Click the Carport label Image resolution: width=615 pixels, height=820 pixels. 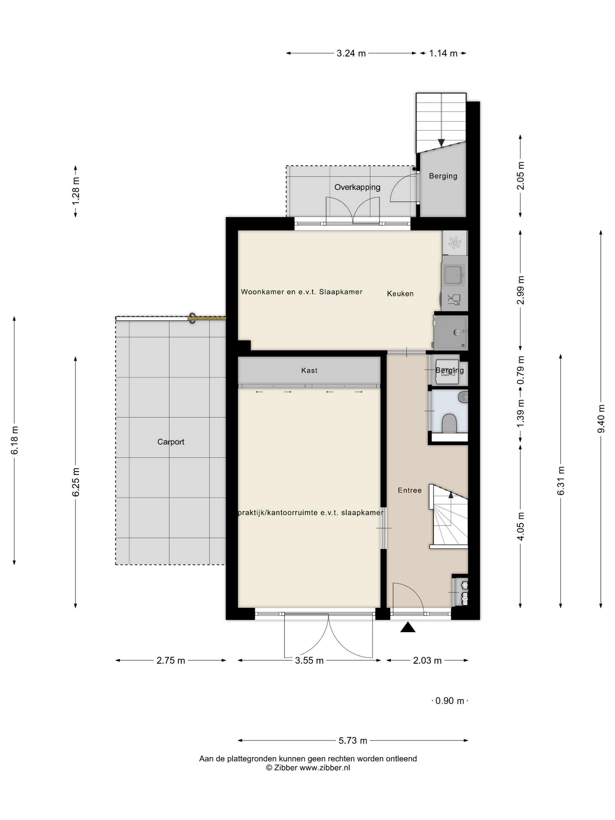(170, 442)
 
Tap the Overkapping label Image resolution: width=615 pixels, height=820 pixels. (357, 187)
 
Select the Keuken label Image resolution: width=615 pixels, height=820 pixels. (400, 294)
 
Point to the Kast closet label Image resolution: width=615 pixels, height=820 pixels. (309, 370)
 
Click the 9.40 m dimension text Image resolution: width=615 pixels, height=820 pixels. (601, 418)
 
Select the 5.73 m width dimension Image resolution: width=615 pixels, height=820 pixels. (353, 740)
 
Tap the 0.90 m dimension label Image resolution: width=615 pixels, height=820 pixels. (450, 701)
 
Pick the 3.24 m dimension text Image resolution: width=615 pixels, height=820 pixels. (351, 53)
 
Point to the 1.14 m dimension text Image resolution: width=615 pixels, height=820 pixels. (443, 53)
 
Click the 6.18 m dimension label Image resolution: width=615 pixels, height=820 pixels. (14, 440)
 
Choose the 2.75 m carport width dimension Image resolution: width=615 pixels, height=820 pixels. (170, 660)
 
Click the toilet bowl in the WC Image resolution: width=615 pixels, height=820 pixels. (449, 423)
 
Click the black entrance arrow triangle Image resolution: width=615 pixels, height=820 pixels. (408, 627)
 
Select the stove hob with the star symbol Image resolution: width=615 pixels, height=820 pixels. (455, 243)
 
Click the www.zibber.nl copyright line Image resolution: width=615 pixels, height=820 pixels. (308, 768)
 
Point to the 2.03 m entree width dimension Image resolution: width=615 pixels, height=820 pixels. (427, 660)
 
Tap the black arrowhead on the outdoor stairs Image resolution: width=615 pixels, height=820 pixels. (441, 143)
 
